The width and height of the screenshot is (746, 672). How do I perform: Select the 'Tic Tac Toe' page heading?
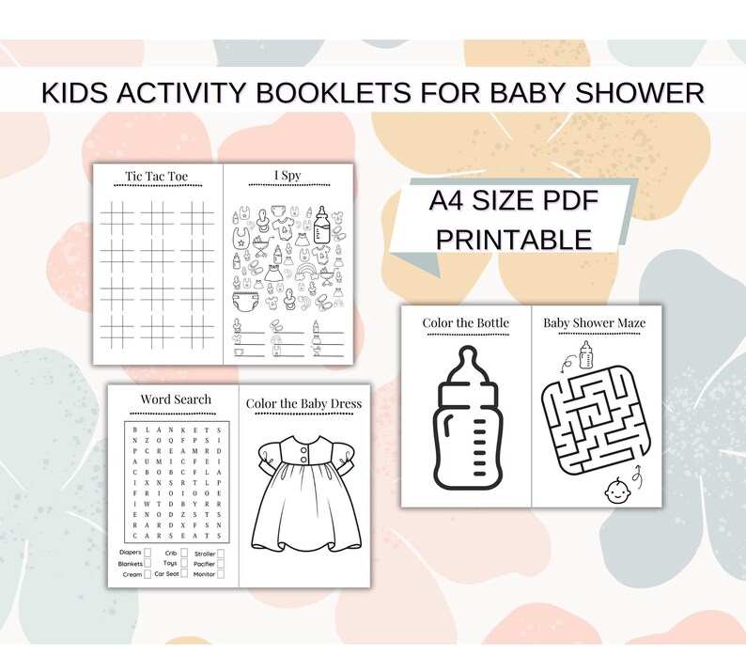tap(157, 176)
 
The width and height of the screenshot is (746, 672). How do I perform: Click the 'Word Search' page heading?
tap(176, 399)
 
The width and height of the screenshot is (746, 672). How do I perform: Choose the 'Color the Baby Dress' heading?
tap(303, 404)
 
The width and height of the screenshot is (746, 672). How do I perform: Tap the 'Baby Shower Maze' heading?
tap(595, 322)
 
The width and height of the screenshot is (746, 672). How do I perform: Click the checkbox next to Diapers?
tap(148, 554)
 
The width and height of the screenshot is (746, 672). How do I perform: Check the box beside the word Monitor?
tap(220, 573)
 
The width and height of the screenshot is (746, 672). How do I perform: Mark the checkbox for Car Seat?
tap(184, 573)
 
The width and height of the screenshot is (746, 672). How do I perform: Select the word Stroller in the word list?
tap(204, 554)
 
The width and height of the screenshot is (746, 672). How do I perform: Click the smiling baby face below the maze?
tap(614, 490)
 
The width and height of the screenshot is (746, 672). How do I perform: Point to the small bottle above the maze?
tap(585, 355)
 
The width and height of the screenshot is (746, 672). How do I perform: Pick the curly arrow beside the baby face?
tap(639, 477)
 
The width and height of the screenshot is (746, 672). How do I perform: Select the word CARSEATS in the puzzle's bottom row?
tap(176, 535)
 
